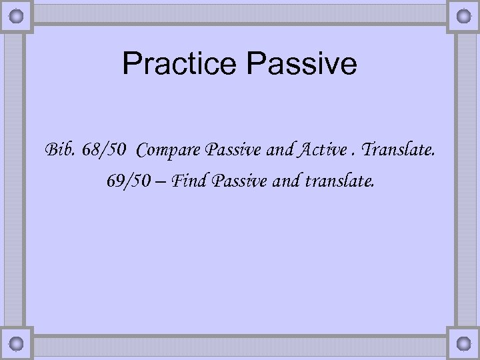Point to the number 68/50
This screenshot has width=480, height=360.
coord(105,150)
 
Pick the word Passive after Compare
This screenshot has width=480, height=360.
coord(225,150)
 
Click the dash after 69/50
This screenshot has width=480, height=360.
coord(162,180)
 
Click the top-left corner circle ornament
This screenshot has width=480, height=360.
coord(17,15)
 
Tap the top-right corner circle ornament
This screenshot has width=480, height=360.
coord(463,15)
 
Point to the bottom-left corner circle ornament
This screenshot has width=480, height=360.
coord(17,345)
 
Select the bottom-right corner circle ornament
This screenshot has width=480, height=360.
coord(463,345)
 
